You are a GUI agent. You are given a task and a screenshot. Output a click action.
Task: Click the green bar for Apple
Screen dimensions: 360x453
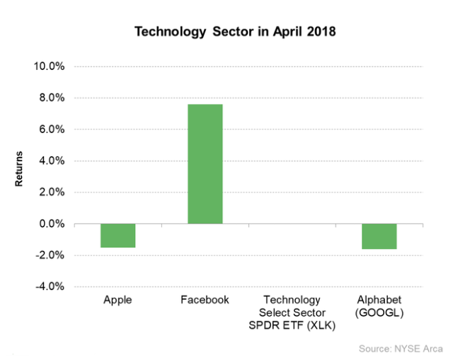[x=117, y=236]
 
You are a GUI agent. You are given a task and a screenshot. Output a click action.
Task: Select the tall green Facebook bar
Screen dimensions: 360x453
[x=205, y=164]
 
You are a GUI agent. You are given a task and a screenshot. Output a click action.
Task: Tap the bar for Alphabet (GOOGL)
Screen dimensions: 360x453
[x=379, y=236]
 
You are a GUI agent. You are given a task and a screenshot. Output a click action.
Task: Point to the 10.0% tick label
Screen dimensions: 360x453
[x=50, y=66]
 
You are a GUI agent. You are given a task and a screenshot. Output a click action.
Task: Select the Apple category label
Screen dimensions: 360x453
[x=117, y=300]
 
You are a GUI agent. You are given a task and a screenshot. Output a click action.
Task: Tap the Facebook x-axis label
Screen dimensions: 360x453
[x=205, y=300]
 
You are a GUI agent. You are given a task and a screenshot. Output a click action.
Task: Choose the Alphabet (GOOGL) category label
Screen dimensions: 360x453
[x=379, y=306]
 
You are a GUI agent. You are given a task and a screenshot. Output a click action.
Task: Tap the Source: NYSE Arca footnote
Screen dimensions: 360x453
[x=401, y=349]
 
